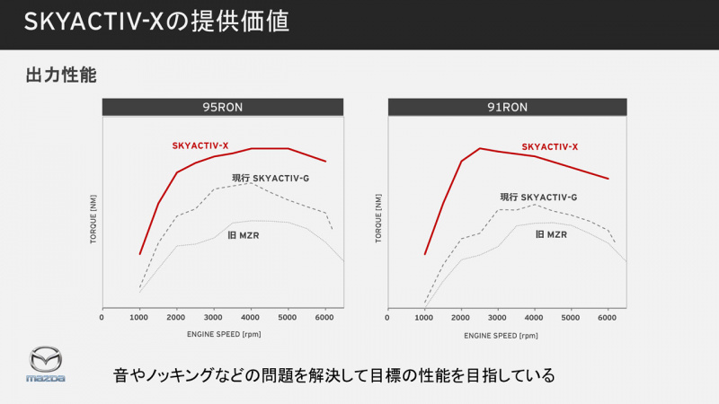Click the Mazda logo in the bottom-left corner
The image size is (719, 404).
click(x=45, y=364)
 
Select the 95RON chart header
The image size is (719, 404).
click(x=222, y=107)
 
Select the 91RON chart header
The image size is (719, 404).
click(x=508, y=107)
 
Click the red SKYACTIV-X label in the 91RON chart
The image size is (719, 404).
click(x=549, y=146)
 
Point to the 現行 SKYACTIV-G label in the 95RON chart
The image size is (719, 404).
click(x=270, y=178)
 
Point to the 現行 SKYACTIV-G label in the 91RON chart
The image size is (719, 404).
click(x=538, y=197)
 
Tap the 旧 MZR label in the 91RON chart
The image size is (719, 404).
click(x=551, y=234)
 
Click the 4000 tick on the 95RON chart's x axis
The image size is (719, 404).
click(x=252, y=317)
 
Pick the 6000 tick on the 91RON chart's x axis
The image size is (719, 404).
click(x=608, y=317)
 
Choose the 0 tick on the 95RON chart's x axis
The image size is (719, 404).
click(x=102, y=317)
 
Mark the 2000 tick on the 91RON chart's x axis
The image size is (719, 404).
click(x=460, y=317)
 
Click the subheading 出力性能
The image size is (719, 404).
click(x=61, y=76)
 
